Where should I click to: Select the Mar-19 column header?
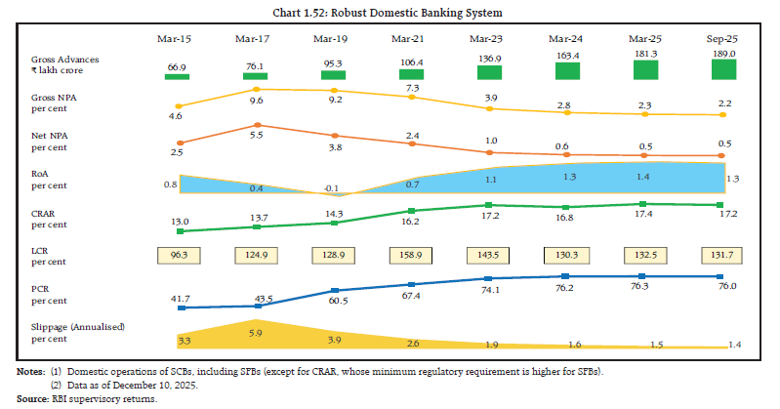pos(335,39)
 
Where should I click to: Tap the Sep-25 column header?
pos(721,39)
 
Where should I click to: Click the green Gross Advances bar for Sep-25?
pos(722,69)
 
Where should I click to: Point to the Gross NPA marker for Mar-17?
pos(256,89)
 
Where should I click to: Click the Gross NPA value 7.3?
pos(411,87)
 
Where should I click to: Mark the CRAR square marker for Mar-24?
pos(567,207)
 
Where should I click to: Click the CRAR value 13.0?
pos(178,221)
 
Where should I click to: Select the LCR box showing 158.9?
pos(412,256)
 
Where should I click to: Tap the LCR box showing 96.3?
pos(179,256)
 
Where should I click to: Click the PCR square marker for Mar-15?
pos(179,307)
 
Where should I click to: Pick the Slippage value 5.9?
pos(256,333)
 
